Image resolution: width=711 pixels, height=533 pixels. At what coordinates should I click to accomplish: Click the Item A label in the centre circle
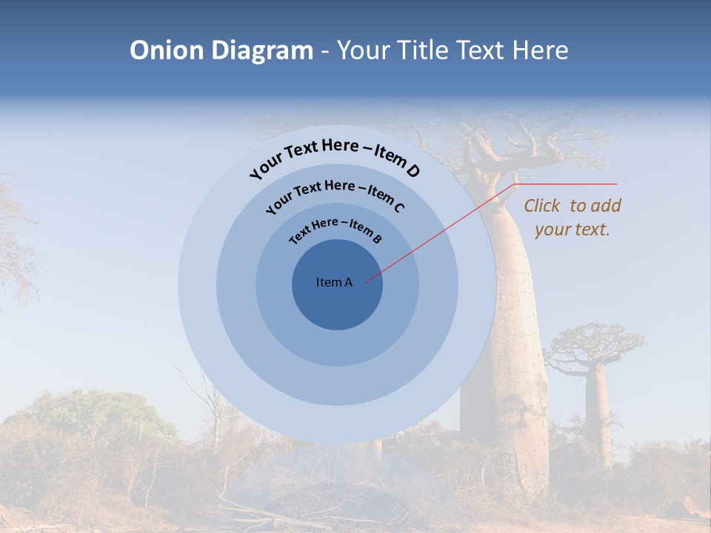pos(334,282)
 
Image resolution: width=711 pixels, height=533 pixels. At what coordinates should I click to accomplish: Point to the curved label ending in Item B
pos(336,230)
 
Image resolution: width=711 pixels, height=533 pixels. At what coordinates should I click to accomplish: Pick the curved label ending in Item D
pos(335,156)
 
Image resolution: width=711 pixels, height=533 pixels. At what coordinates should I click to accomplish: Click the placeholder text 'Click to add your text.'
pos(573,218)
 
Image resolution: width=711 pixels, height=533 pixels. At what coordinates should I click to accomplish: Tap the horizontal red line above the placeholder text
pos(567,184)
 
